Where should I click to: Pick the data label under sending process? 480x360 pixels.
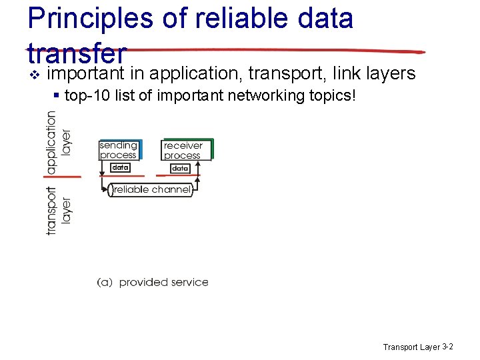coord(120,168)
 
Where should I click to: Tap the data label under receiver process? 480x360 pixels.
coord(180,169)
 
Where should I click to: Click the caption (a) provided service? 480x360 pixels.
coord(153,282)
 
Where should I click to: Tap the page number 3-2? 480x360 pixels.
coord(448,347)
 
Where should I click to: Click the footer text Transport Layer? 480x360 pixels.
coord(411,347)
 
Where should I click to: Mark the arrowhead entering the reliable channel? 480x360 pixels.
coord(106,190)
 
